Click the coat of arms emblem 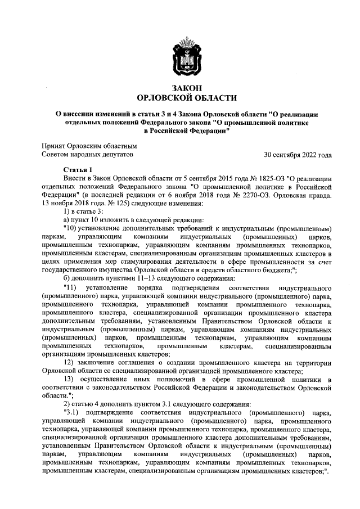pyautogui.click(x=181, y=57)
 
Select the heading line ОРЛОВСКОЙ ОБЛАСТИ pyautogui.click(x=181, y=98)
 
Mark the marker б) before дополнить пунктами pyautogui.click(x=67, y=278)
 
